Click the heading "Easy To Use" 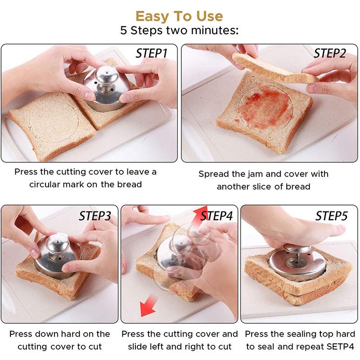click(x=179, y=16)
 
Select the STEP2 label click(x=330, y=54)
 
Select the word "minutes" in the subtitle click(x=211, y=31)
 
